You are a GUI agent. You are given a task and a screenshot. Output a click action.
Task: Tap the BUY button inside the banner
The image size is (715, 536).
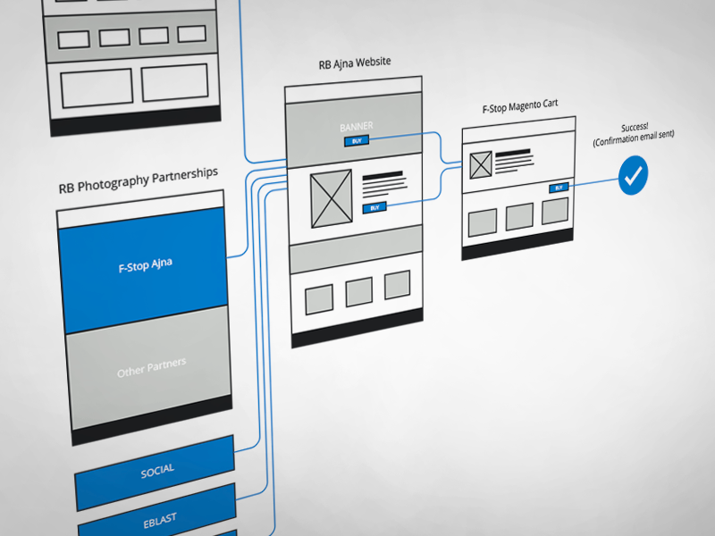(356, 141)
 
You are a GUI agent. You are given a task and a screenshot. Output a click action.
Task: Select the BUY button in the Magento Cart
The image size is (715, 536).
(559, 188)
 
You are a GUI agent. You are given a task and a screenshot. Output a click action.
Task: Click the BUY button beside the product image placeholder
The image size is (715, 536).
(374, 207)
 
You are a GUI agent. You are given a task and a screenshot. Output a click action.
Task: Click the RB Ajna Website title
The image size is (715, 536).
(355, 63)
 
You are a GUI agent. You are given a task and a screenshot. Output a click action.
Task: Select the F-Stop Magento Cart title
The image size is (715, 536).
(519, 105)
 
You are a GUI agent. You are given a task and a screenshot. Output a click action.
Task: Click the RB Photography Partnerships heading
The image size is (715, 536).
(138, 180)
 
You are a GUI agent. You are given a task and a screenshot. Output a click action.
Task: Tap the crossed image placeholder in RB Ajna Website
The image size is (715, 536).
(331, 198)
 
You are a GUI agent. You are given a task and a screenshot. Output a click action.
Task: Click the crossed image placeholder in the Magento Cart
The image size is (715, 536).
(481, 164)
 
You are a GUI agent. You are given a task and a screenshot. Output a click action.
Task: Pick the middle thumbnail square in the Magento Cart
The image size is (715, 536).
(519, 217)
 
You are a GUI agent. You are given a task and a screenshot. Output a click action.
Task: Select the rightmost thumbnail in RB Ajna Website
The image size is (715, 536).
(397, 286)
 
